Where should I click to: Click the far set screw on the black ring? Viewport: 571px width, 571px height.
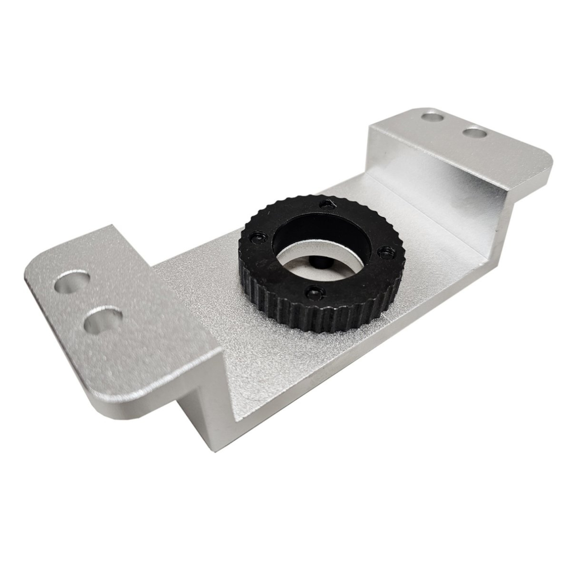327,205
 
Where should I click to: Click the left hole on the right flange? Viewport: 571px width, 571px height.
431,116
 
